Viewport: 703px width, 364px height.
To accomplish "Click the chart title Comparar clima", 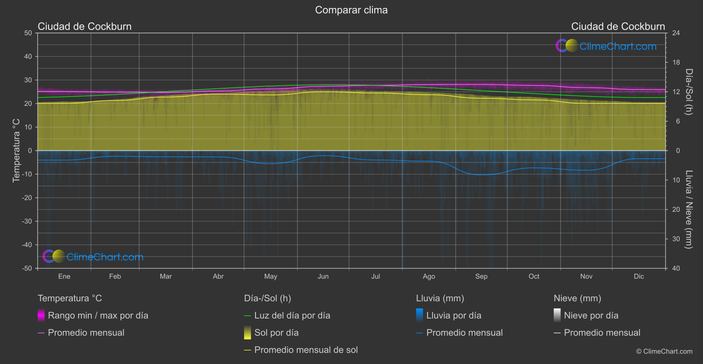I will pyautogui.click(x=351, y=10).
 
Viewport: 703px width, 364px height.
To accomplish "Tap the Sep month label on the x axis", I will pyautogui.click(x=481, y=276).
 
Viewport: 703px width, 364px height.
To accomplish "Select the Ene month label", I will pyautogui.click(x=64, y=276).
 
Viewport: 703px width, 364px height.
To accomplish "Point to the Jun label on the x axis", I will pyautogui.click(x=323, y=276).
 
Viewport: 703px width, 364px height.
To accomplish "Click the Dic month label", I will pyautogui.click(x=639, y=276).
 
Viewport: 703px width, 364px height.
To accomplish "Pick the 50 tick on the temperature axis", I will pyautogui.click(x=28, y=33).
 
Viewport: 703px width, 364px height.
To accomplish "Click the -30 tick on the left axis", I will pyautogui.click(x=27, y=221).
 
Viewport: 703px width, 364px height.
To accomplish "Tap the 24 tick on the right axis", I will pyautogui.click(x=676, y=33).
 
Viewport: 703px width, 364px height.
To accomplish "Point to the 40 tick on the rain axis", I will pyautogui.click(x=676, y=268).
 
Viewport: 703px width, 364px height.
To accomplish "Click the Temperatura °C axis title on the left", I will pyautogui.click(x=16, y=150).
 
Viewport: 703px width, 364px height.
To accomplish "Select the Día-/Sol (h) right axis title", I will pyautogui.click(x=689, y=92).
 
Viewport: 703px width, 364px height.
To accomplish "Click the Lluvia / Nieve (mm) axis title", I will pyautogui.click(x=689, y=210).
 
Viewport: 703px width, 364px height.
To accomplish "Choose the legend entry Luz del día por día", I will pyautogui.click(x=292, y=315).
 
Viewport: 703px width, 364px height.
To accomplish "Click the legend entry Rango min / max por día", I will pyautogui.click(x=98, y=315).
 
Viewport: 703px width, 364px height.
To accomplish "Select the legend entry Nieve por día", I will pyautogui.click(x=591, y=315).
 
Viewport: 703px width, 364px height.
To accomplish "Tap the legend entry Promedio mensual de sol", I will pyautogui.click(x=306, y=350).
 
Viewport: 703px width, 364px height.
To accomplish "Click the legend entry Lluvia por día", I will pyautogui.click(x=454, y=315).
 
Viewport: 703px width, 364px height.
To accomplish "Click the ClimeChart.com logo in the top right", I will pyautogui.click(x=606, y=46).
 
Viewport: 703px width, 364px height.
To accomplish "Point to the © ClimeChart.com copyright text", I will pyautogui.click(x=664, y=351).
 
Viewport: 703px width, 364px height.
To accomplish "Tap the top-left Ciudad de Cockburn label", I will pyautogui.click(x=85, y=26).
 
